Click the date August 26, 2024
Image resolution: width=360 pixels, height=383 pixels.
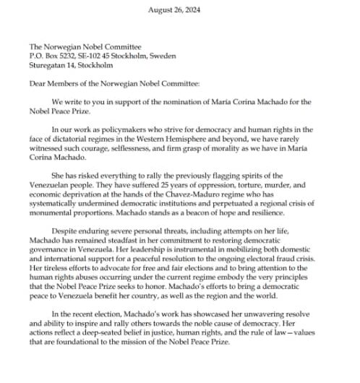coord(180,9)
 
